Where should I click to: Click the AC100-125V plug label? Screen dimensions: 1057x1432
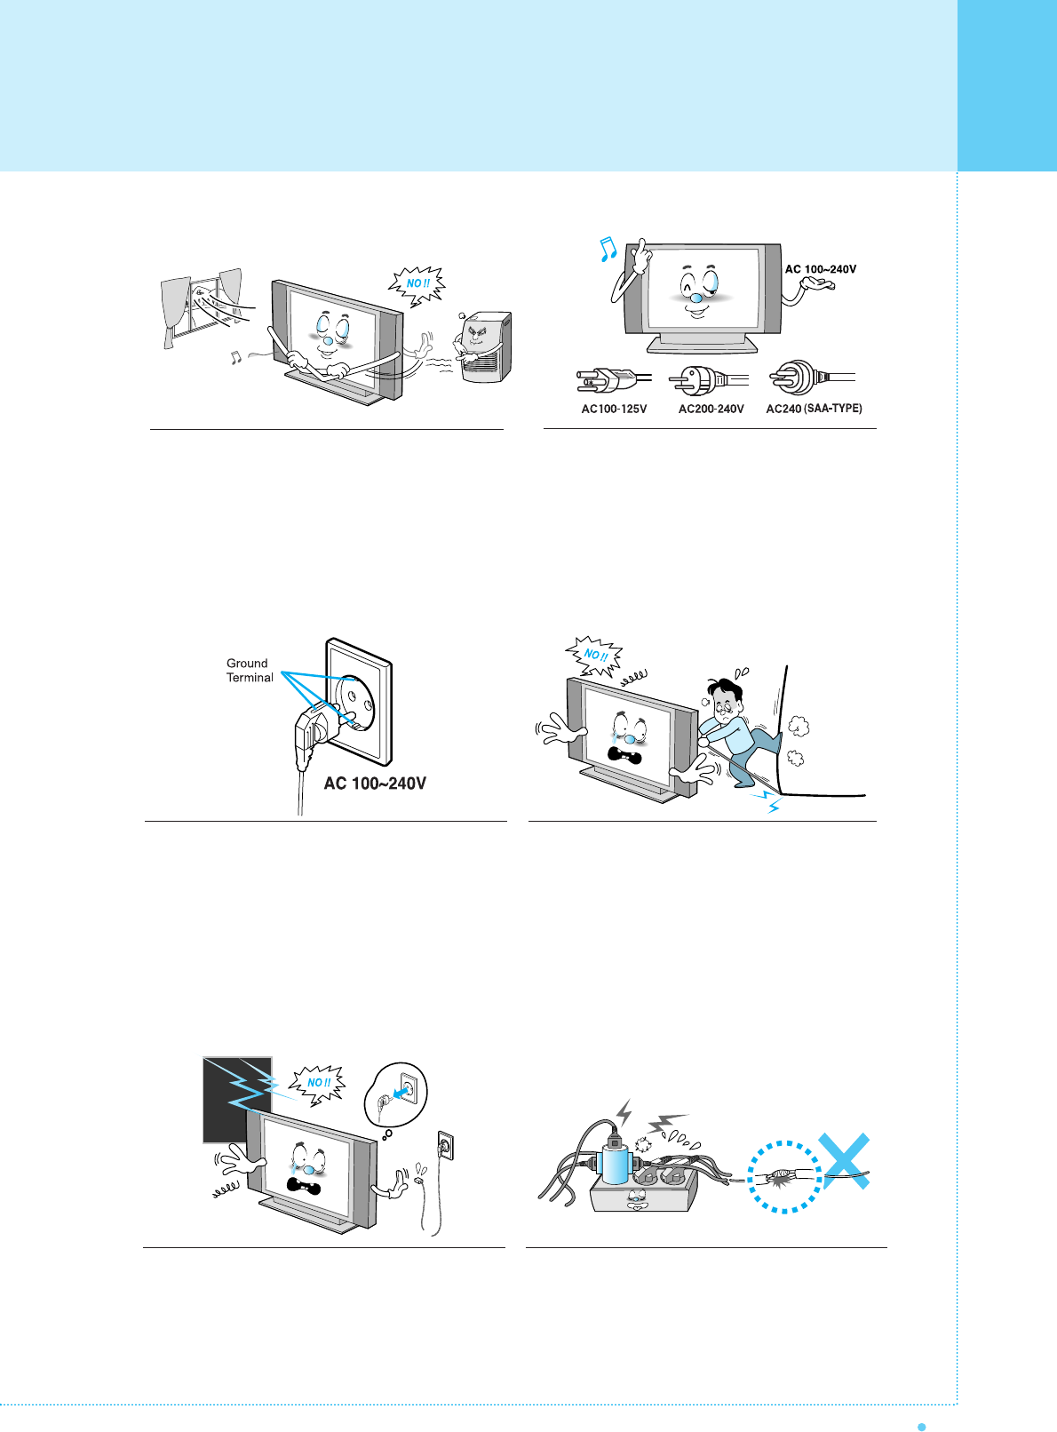(614, 409)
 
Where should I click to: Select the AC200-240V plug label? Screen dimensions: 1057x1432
(711, 409)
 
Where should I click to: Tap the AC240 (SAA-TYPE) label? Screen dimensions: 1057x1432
(814, 409)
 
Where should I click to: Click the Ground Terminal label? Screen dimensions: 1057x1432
(249, 671)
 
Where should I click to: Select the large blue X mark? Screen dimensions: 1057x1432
(843, 1161)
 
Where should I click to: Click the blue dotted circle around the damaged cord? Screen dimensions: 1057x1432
(784, 1176)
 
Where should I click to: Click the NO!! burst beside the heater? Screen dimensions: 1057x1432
(417, 284)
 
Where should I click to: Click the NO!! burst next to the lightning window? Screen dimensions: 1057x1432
(318, 1083)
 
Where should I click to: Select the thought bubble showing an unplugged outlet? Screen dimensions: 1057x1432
(396, 1094)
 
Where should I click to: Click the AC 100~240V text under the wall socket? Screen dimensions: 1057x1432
(375, 784)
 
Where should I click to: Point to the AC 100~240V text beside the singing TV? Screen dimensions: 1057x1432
(821, 269)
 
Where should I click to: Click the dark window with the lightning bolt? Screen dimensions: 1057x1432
(237, 1099)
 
